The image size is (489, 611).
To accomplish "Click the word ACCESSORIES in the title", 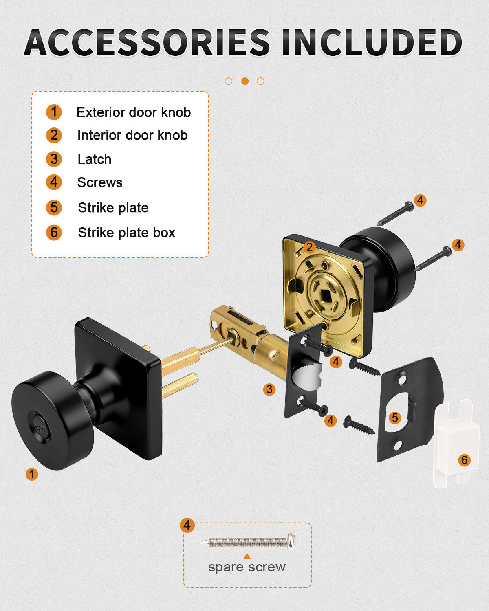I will pos(147,42).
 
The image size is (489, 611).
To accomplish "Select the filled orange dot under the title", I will pos(245,81).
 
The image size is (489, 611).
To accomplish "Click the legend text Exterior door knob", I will pos(134,112).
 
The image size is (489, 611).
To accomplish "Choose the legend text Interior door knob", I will pos(132,135).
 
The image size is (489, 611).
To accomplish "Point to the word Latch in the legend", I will pos(95,159).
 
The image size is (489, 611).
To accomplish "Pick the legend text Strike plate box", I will pos(126,233).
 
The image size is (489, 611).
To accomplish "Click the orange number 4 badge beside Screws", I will pos(54,182).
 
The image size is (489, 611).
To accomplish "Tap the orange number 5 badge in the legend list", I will pos(54,208).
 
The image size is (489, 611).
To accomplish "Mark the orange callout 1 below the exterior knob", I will pos(32,474).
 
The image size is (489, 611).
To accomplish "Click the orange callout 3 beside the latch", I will pos(269,389).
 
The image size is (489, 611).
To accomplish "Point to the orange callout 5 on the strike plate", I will pos(394,418).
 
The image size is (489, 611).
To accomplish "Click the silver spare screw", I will pos(249,542).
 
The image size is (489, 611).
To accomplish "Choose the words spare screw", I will pos(247,567).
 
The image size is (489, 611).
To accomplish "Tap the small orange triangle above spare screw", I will pos(247,556).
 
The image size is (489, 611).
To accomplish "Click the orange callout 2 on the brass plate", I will pos(309,247).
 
